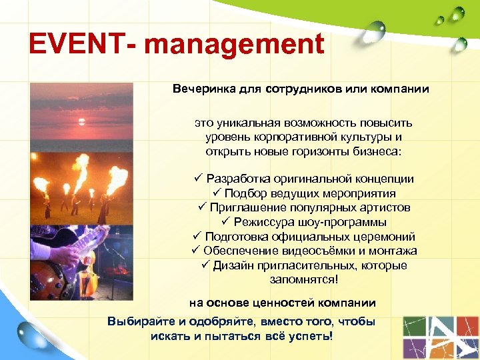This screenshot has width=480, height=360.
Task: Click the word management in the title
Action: pyautogui.click(x=234, y=45)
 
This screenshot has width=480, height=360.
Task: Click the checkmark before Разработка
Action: pyautogui.click(x=198, y=179)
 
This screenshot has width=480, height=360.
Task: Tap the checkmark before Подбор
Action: pyautogui.click(x=216, y=193)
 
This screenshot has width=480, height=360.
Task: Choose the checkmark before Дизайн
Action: pyautogui.click(x=205, y=265)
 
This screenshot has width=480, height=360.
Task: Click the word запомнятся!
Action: pyautogui.click(x=304, y=279)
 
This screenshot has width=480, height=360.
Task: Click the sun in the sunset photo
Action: pyautogui.click(x=83, y=121)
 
